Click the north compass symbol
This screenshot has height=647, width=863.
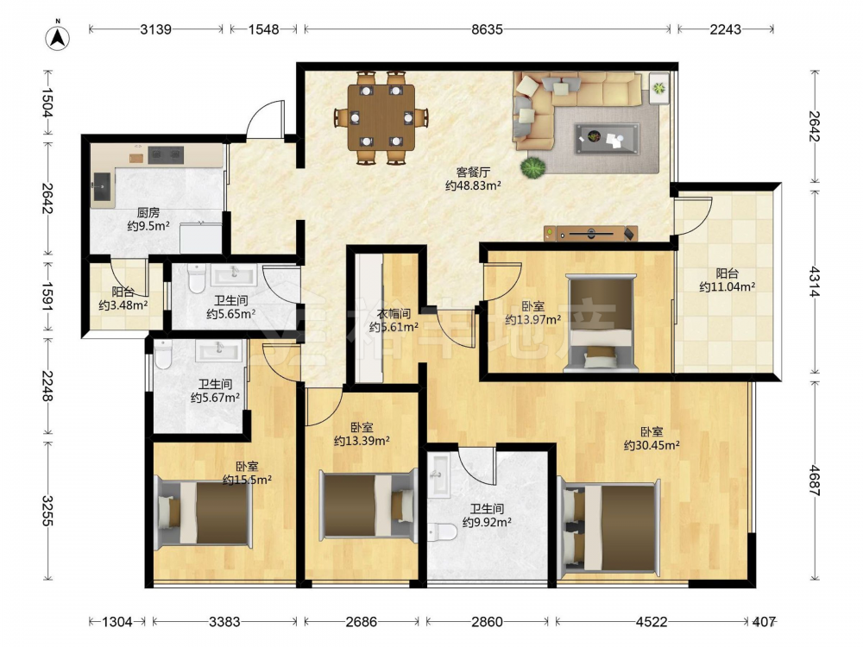[x=57, y=37]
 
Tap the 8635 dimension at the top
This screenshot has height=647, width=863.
[x=487, y=29]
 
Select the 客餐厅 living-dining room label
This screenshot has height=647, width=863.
[x=473, y=173]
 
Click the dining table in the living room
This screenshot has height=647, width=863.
[x=381, y=117]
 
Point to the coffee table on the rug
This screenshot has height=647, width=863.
[x=608, y=139]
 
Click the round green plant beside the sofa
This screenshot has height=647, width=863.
[x=532, y=167]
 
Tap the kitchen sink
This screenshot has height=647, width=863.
[x=101, y=186]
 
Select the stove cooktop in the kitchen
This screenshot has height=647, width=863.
[x=165, y=155]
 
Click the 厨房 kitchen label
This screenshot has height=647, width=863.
[x=148, y=212]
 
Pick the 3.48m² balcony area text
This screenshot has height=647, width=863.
[x=123, y=305]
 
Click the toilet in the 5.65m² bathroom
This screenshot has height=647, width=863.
[x=197, y=279]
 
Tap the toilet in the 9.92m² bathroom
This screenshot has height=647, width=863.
[x=443, y=532]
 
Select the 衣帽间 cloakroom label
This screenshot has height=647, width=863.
[x=394, y=314]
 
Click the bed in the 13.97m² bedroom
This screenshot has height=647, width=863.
[x=601, y=323]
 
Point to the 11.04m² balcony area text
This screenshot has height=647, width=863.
[x=727, y=286]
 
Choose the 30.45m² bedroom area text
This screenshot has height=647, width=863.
[x=651, y=445]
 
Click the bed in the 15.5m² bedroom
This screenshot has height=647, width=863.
[x=203, y=512]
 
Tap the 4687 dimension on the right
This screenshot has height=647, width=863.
[x=815, y=481]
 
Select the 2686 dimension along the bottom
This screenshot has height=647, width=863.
[x=361, y=622]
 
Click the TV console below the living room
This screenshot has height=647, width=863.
[x=590, y=234]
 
